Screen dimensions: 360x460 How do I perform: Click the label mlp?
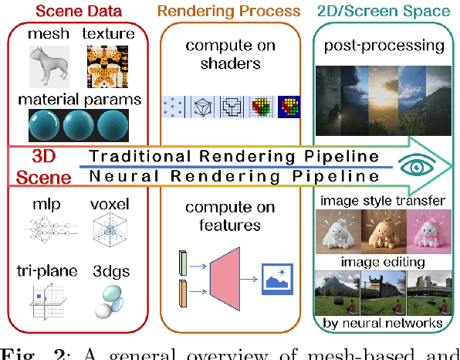pyautogui.click(x=41, y=207)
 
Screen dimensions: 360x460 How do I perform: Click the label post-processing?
pyautogui.click(x=384, y=46)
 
